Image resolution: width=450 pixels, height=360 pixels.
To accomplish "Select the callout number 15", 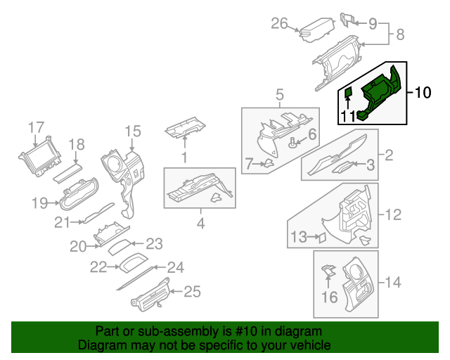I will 133,131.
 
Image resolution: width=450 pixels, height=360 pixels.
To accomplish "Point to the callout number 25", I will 192,291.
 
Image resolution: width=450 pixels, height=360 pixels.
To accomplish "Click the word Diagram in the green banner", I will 99,346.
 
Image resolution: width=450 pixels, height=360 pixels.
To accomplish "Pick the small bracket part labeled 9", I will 347,18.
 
